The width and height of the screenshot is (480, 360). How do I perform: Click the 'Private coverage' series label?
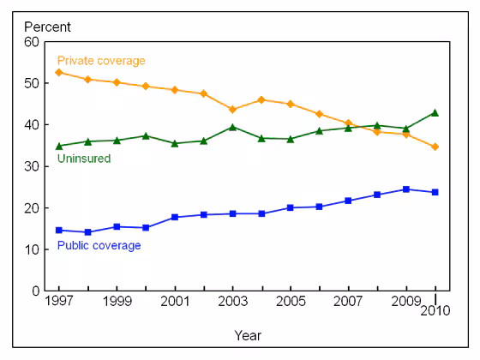[100, 61]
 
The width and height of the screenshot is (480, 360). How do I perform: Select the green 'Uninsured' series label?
[83, 159]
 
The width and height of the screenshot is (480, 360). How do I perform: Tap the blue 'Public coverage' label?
[99, 245]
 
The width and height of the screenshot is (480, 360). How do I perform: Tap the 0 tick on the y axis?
[34, 291]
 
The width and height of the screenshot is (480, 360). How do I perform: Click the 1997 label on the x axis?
[58, 303]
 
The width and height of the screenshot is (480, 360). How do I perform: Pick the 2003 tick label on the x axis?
[232, 303]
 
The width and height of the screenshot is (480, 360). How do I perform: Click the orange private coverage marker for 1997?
[58, 72]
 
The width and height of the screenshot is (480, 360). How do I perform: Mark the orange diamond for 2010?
[435, 147]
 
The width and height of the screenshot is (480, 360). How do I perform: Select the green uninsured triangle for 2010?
[435, 112]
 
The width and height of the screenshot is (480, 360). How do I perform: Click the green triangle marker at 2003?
[232, 127]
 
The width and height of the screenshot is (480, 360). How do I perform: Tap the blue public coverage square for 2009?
[406, 189]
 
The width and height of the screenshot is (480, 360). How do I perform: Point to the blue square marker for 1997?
[58, 230]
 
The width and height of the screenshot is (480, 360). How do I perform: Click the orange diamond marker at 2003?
[232, 109]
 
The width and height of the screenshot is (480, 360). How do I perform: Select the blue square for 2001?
[175, 217]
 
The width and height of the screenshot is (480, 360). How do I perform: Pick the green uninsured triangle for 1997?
[58, 146]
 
